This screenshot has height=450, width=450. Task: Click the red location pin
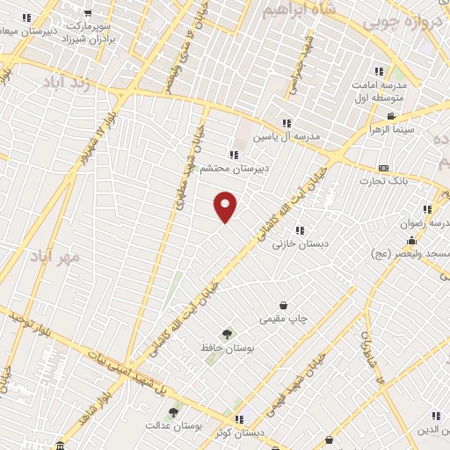click(x=226, y=206)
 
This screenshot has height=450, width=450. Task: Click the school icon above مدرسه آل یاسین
click(x=287, y=123)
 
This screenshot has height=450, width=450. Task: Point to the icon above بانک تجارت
click(x=383, y=168)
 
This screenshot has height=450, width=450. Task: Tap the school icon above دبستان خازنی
click(x=301, y=230)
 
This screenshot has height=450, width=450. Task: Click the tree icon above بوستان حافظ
click(x=228, y=334)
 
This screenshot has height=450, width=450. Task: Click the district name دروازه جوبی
click(x=395, y=20)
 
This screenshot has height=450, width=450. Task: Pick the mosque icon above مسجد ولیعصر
click(x=410, y=240)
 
